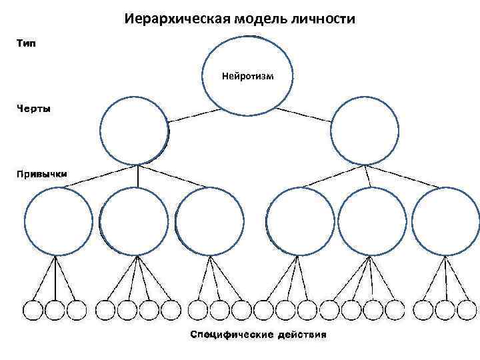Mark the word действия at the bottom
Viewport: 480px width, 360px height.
301,334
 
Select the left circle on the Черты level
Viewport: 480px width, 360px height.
134,130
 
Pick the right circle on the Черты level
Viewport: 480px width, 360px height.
365,131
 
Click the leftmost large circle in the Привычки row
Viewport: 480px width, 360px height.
57,221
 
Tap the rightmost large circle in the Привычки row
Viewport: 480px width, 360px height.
445,221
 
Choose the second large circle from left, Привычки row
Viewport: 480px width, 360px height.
134,221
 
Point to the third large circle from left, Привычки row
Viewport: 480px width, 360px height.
209,221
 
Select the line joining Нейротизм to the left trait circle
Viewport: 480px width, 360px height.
193,115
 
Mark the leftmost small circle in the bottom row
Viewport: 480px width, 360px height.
33,311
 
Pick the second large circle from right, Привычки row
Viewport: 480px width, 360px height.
372,221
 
